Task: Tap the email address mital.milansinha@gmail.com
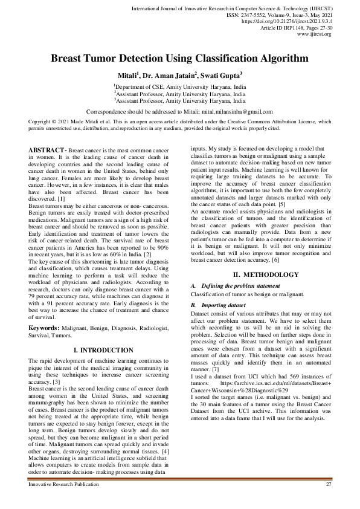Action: tap(232, 112)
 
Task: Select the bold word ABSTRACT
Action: tap(47, 149)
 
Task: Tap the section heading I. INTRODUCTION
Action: tap(103, 350)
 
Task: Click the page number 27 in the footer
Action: tap(329, 485)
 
